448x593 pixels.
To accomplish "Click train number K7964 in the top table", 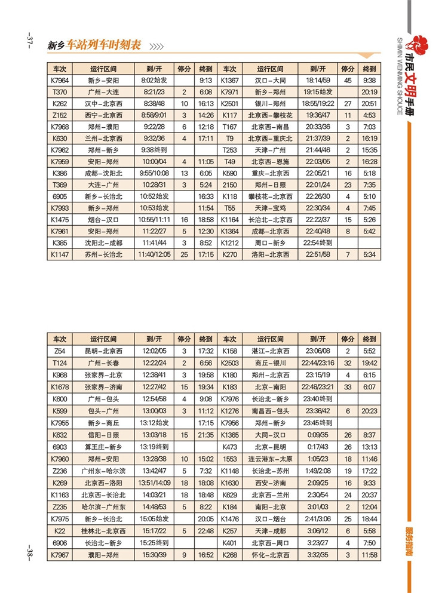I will [60, 81].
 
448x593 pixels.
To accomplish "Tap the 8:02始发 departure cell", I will [154, 81].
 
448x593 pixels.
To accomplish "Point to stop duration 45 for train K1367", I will [348, 81].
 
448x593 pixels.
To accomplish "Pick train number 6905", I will [60, 196].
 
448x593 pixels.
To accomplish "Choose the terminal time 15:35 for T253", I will [369, 150].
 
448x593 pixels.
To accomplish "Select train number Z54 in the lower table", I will [60, 351].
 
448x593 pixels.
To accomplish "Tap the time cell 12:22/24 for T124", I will [154, 362].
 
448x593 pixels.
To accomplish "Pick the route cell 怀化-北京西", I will [270, 555].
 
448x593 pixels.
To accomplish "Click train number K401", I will [230, 543].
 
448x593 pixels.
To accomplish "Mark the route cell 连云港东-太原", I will [270, 459].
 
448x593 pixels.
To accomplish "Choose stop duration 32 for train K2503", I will [348, 362].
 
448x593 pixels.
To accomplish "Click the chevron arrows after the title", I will [156, 47].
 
